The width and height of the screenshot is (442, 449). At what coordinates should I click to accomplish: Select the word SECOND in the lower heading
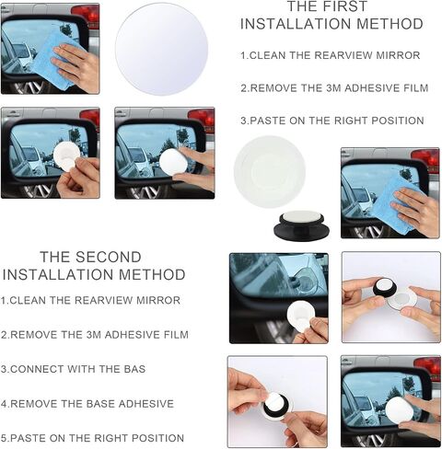point(112,257)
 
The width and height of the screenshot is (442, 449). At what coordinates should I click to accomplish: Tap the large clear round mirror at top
point(161,49)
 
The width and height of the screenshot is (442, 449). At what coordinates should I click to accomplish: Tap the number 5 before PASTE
point(4,438)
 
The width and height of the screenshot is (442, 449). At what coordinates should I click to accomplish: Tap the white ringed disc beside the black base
point(270,171)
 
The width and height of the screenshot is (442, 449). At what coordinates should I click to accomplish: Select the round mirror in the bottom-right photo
point(400,411)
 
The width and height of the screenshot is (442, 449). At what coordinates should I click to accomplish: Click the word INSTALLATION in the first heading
point(296,24)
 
